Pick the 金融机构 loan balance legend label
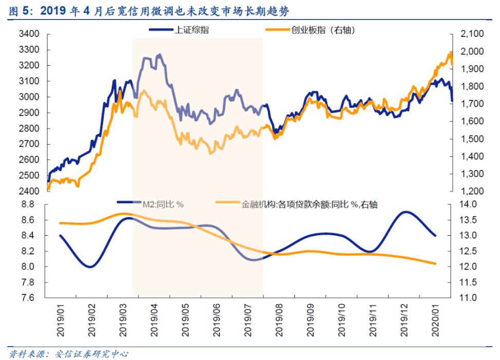[x=309, y=204]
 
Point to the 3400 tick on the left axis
[x=29, y=34]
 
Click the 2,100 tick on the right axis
[x=469, y=34]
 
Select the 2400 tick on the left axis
[x=29, y=191]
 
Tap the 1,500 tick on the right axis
[x=469, y=139]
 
